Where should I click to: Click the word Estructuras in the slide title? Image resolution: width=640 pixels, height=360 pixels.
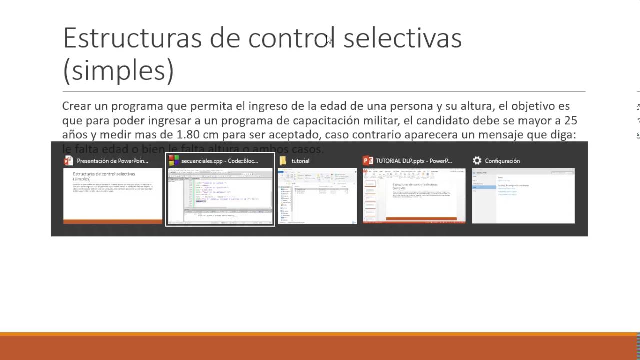coord(132,38)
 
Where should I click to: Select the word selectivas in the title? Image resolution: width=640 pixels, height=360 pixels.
coord(402,38)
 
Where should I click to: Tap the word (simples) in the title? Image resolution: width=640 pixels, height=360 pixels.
coord(118,70)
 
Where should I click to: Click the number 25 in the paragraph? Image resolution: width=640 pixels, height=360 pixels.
coord(570,120)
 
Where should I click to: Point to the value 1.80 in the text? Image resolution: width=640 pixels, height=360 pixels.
coord(190,135)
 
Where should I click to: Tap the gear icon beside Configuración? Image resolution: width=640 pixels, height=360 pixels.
coord(477,161)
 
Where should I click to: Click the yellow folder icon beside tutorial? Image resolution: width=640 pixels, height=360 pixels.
coord(283,161)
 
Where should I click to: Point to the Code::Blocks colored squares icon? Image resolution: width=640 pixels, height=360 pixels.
coord(174,161)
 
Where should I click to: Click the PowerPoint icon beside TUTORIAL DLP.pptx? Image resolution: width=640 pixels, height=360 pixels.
coord(368,161)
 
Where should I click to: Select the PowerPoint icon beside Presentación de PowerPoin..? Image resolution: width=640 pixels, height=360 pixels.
coord(68,161)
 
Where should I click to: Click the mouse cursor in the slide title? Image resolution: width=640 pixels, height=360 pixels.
coord(329,40)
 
